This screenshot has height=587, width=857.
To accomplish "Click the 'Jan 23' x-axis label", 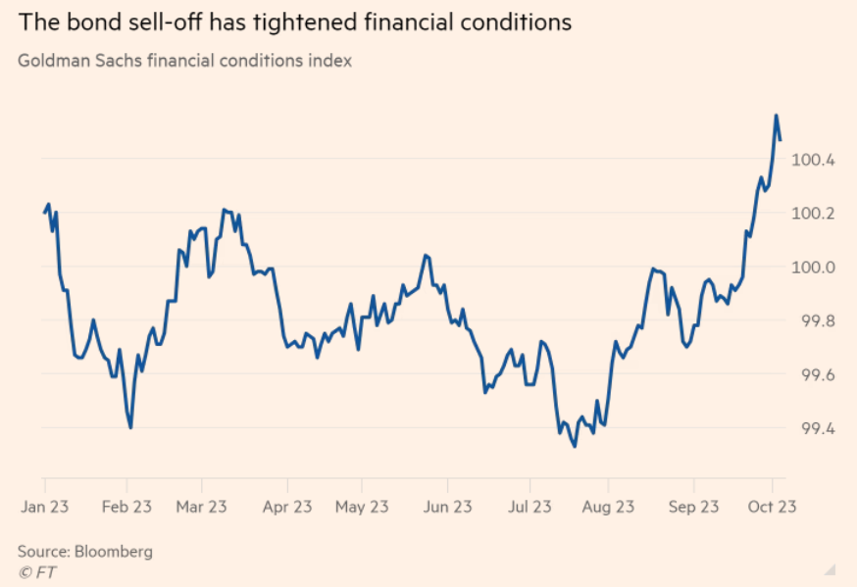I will coord(44,507).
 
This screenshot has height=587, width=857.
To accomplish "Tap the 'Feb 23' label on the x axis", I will coord(126,507).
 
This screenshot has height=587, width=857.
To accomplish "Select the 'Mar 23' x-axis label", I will coord(201,507).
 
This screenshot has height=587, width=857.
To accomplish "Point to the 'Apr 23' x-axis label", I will coord(286,507).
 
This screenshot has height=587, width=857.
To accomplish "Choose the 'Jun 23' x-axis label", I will coord(447,507).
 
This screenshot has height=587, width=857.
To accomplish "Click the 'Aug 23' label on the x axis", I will coord(608,507).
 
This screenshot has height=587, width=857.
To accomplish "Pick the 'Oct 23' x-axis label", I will coord(772,507).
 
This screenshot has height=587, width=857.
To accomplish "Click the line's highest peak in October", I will coord(777,116).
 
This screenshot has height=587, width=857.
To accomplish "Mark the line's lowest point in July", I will coord(575,447).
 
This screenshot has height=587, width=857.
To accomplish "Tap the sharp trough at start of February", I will coord(130,427).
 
